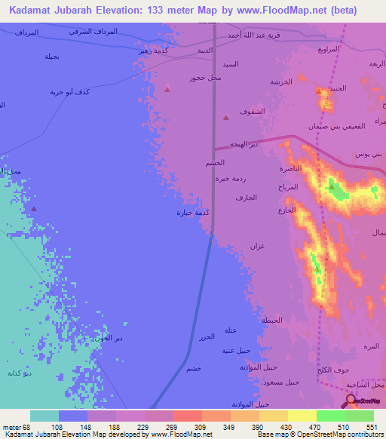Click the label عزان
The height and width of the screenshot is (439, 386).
(258, 247)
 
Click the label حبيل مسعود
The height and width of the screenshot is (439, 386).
(283, 382)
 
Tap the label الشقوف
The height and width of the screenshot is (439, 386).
(252, 112)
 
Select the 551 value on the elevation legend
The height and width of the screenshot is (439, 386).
(370, 426)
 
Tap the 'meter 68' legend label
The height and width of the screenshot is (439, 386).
(17, 426)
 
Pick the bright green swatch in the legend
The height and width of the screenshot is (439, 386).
(331, 416)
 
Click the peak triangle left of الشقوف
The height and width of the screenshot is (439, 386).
(226, 117)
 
